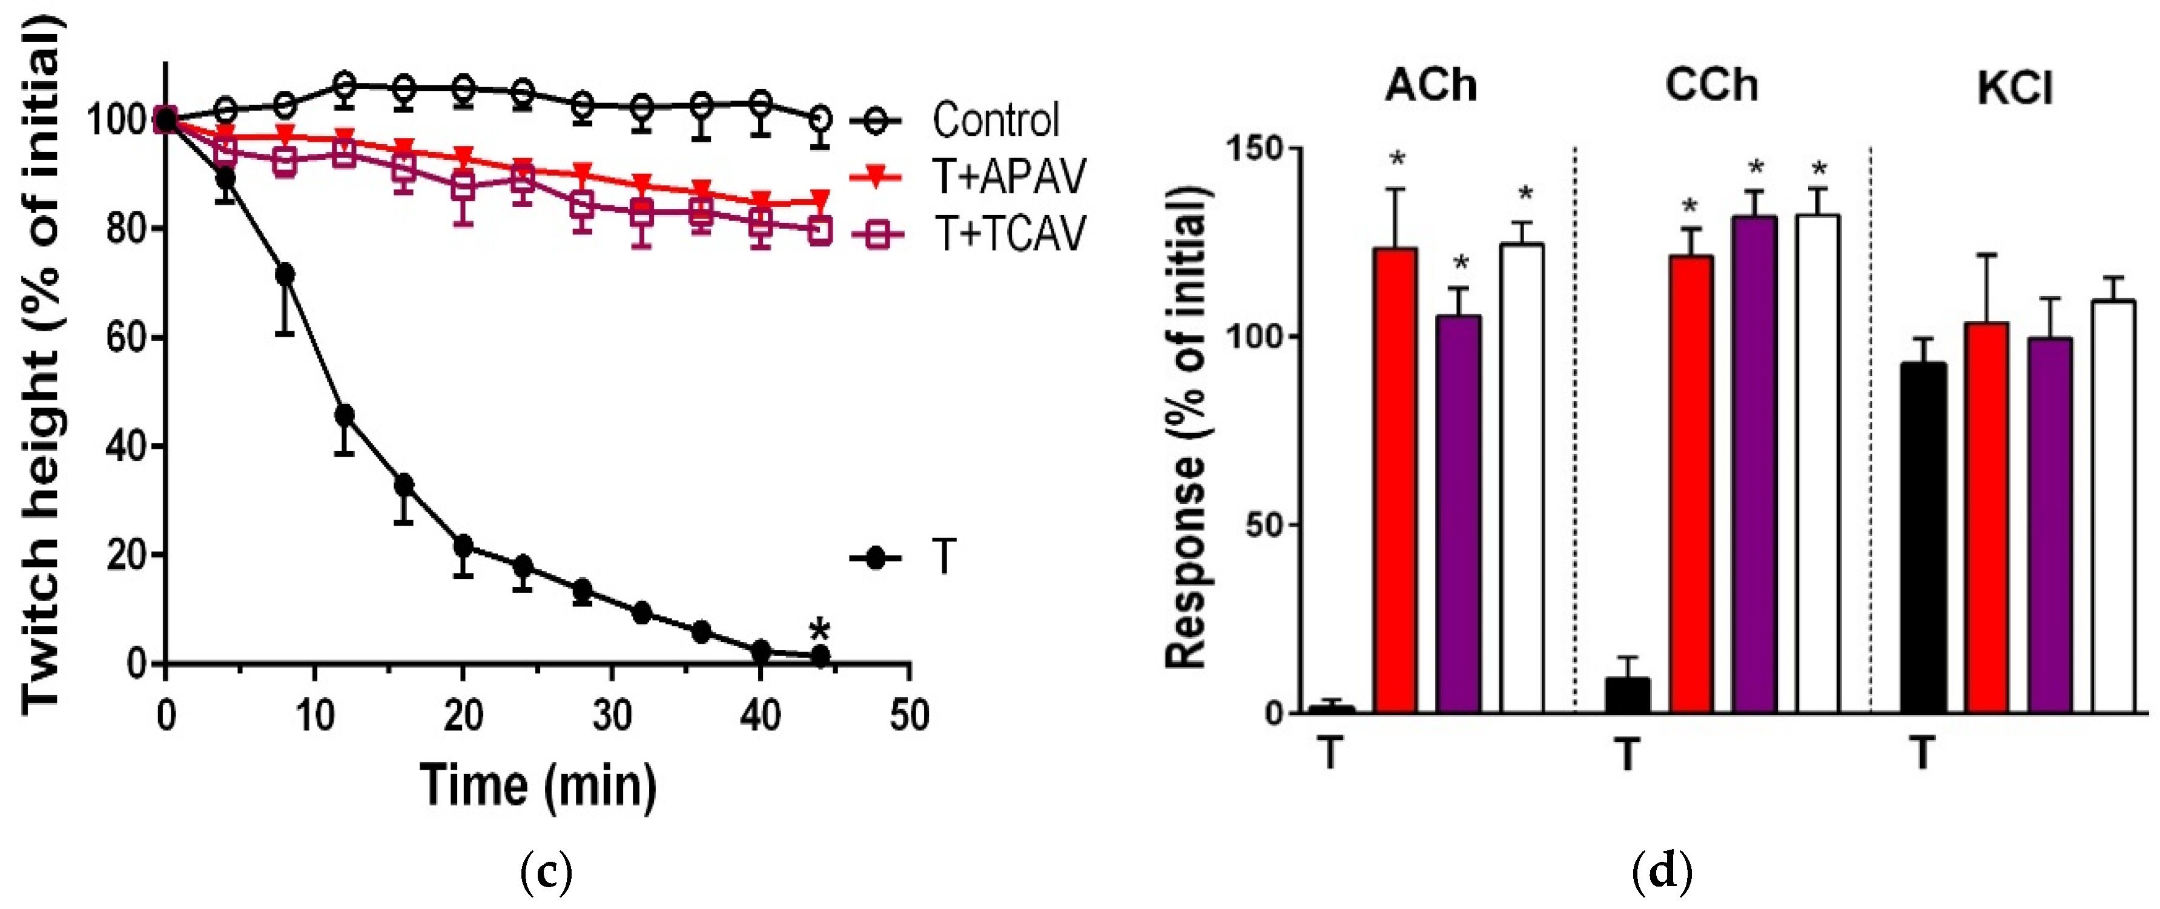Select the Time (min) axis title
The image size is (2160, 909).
[538, 785]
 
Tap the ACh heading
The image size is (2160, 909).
[1430, 85]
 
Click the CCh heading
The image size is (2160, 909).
[1711, 85]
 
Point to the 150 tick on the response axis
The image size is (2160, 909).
[1253, 148]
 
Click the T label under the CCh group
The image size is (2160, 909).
[1627, 754]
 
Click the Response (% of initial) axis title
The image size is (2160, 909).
[1186, 428]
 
